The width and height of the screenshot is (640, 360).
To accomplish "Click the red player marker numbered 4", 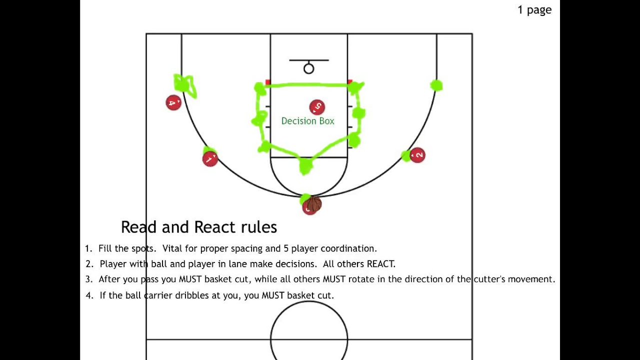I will click(x=173, y=103).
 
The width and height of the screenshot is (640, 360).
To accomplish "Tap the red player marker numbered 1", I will click(x=210, y=159).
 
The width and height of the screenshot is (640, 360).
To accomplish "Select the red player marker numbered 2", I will click(x=417, y=155).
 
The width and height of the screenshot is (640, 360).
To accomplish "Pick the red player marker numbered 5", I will click(x=317, y=107).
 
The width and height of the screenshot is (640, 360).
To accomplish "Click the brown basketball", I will click(x=314, y=203).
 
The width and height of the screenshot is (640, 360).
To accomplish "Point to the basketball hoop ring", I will click(x=308, y=69).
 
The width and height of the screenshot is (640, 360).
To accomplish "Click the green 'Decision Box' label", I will click(x=307, y=121).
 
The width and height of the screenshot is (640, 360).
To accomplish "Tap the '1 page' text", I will click(x=534, y=10).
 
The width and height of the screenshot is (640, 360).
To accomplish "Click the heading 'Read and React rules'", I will click(x=199, y=227).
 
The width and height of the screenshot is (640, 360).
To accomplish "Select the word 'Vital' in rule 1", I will click(x=172, y=248).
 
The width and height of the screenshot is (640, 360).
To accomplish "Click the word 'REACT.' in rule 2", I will click(x=381, y=264).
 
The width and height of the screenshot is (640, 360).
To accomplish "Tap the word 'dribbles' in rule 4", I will click(x=192, y=295).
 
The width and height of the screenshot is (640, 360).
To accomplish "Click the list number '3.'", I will click(x=89, y=279).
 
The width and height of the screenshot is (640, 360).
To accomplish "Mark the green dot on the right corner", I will click(x=436, y=86).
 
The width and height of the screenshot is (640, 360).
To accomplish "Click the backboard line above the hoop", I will click(x=308, y=60).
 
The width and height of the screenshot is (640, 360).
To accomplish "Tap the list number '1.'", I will click(x=88, y=248).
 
